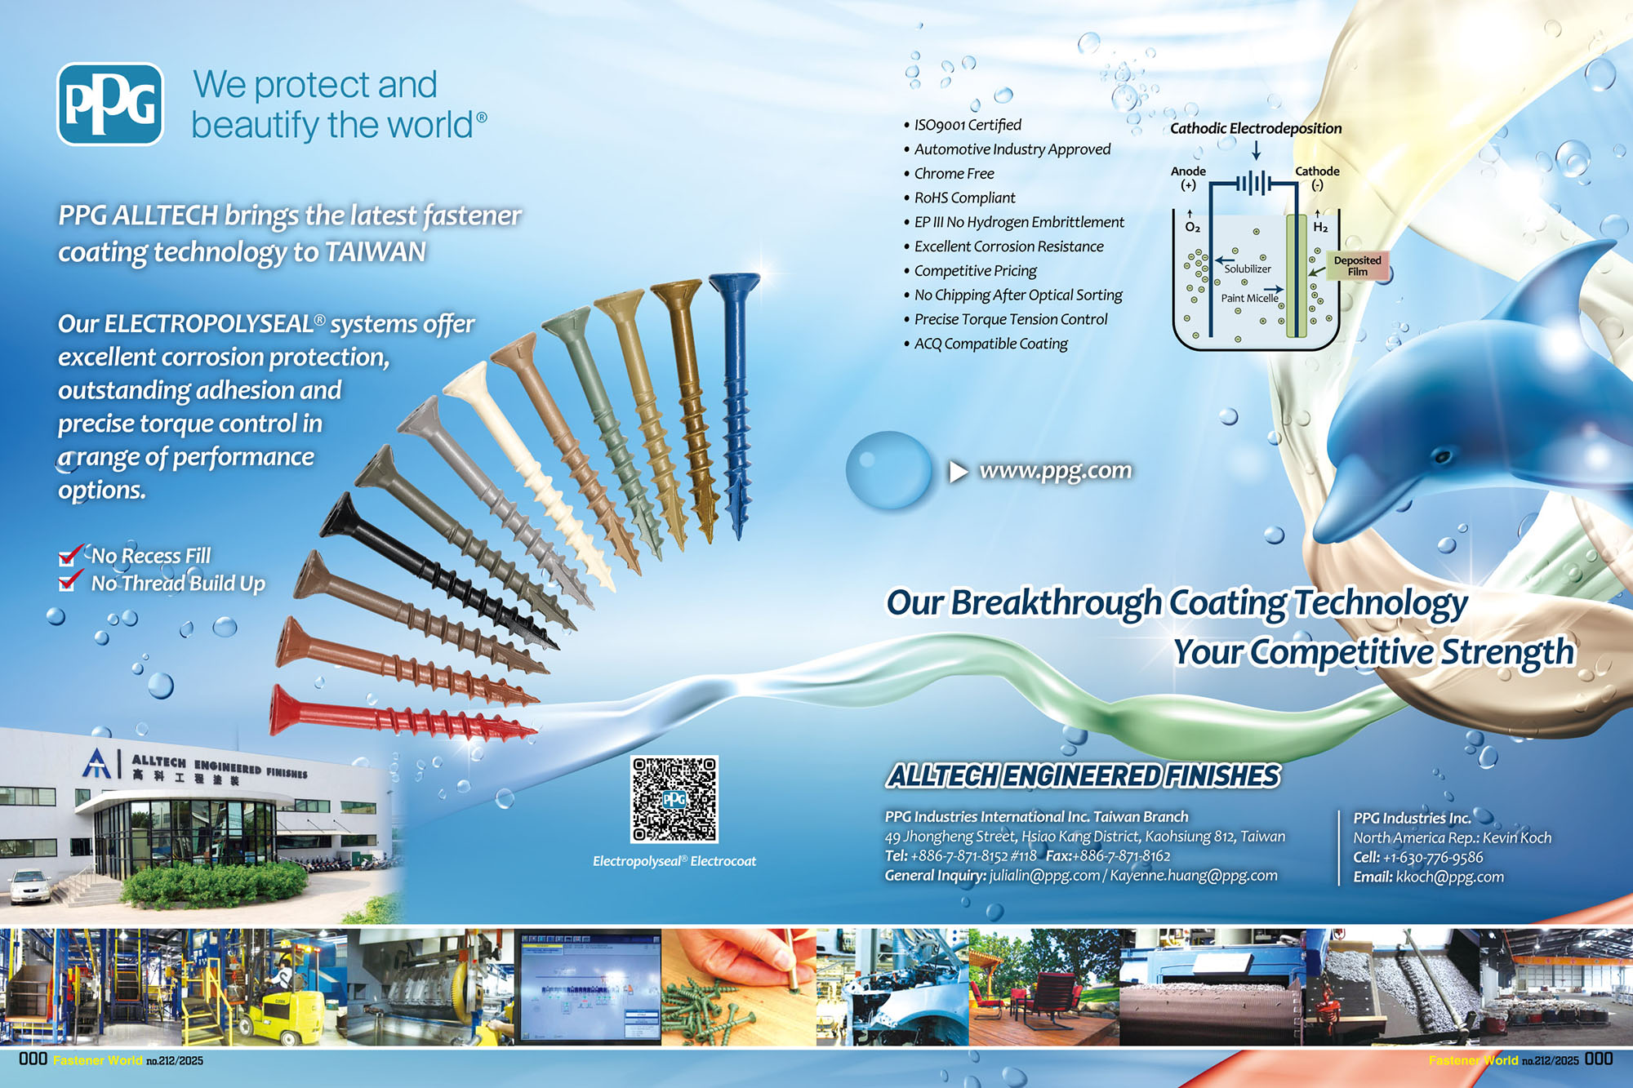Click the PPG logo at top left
(110, 104)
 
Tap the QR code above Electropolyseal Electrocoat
(674, 799)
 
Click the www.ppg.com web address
(1055, 471)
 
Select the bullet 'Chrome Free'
(954, 174)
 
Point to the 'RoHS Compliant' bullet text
(964, 198)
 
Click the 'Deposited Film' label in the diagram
(1357, 266)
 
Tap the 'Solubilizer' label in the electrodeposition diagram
(1247, 269)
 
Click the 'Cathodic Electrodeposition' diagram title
(1255, 128)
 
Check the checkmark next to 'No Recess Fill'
(70, 555)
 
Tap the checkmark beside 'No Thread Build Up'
(70, 581)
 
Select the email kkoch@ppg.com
(1449, 877)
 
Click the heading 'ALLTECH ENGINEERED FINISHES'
(1083, 776)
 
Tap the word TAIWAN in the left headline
(375, 252)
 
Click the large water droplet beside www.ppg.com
(888, 470)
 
